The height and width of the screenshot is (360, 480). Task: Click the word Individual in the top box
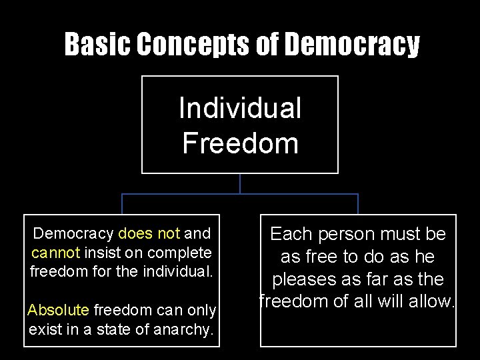[x=240, y=108]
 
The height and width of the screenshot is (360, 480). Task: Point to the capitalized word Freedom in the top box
[x=240, y=143]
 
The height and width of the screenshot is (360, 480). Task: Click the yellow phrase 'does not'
[x=149, y=233]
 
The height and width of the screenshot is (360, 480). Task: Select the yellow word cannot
[x=55, y=253]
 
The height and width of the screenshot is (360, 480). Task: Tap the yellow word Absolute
[x=58, y=310]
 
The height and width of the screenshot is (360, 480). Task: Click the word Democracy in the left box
[x=73, y=233]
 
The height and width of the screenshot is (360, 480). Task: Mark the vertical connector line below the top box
[x=240, y=183]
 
